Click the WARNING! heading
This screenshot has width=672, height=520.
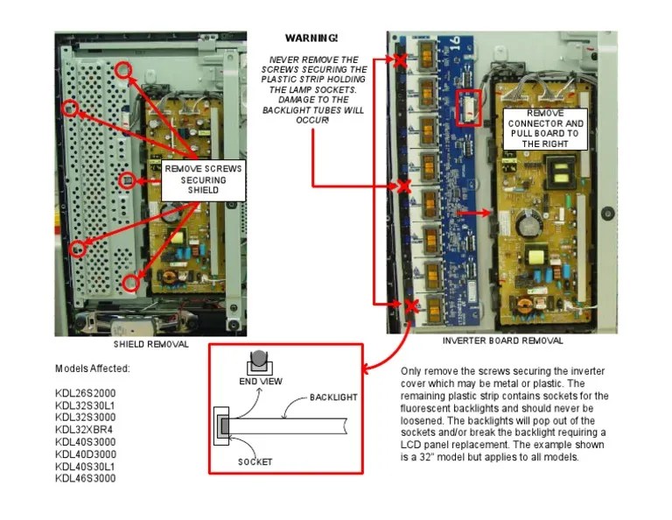pyautogui.click(x=311, y=39)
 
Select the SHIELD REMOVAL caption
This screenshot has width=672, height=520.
pyautogui.click(x=150, y=344)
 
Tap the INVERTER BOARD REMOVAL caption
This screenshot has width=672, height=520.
pyautogui.click(x=502, y=341)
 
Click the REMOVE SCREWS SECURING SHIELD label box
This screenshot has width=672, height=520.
pyautogui.click(x=203, y=179)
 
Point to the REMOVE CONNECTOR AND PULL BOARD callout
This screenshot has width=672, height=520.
pyautogui.click(x=546, y=128)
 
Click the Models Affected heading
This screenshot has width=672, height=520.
pyautogui.click(x=93, y=369)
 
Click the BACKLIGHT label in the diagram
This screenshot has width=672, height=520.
pyautogui.click(x=333, y=397)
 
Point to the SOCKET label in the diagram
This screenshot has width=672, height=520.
pyautogui.click(x=255, y=461)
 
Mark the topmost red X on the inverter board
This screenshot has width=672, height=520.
pyautogui.click(x=400, y=60)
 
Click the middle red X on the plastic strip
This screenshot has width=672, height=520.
pyautogui.click(x=403, y=186)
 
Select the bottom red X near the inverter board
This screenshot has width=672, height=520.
pyautogui.click(x=410, y=305)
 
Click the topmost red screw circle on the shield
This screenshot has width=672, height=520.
pyautogui.click(x=124, y=69)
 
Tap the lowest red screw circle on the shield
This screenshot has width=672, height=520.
pyautogui.click(x=131, y=282)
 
